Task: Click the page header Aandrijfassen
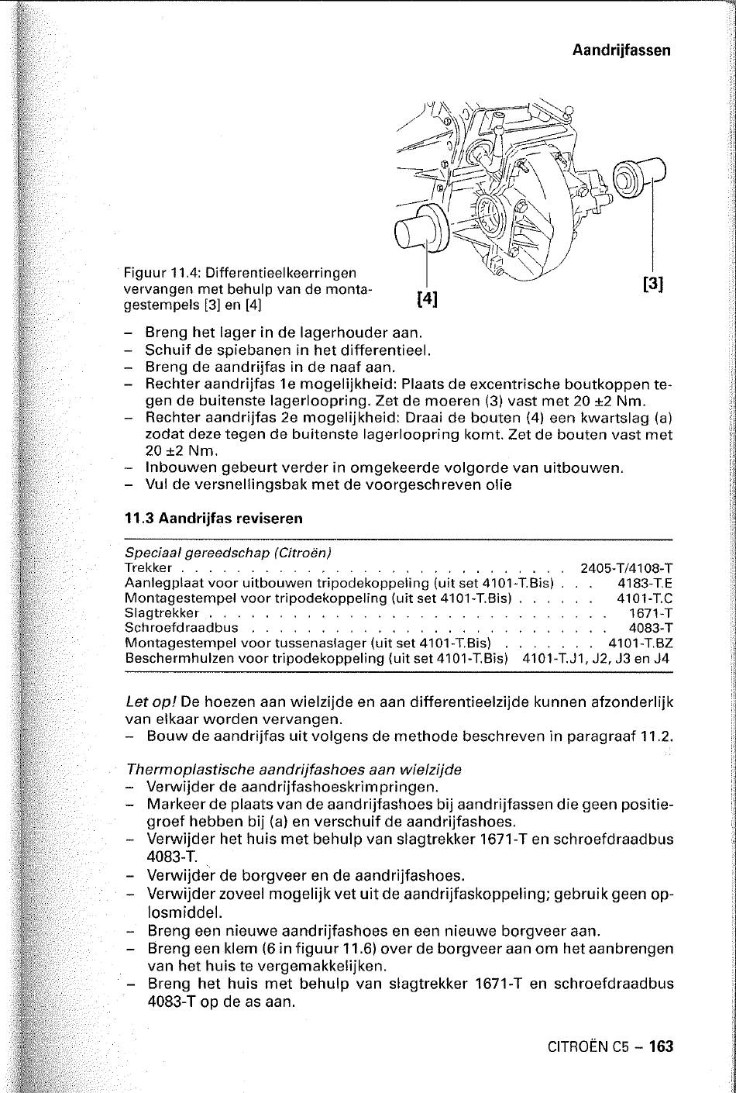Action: point(621,50)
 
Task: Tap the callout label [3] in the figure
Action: point(654,284)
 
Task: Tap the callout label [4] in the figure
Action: point(428,298)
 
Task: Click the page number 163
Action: point(662,1046)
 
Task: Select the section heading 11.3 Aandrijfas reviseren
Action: point(213,518)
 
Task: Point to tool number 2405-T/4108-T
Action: point(626,568)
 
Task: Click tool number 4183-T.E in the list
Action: point(645,583)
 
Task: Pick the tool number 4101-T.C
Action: point(645,598)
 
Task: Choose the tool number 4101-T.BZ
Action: point(640,643)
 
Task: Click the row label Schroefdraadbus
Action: point(181,628)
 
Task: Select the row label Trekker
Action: point(148,568)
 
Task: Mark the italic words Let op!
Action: point(151,702)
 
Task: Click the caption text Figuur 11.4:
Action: point(163,273)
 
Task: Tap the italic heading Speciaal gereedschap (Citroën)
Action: point(228,553)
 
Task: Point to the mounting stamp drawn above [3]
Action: point(640,178)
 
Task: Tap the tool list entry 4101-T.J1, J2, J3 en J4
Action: point(597,658)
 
